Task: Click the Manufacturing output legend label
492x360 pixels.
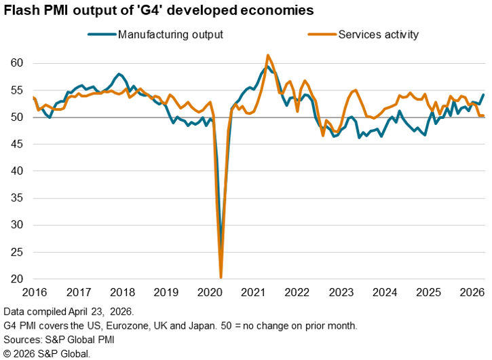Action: pos(170,34)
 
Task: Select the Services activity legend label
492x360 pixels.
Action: pos(378,34)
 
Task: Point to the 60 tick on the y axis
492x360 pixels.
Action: pos(17,63)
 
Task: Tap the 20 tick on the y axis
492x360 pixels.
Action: pos(17,279)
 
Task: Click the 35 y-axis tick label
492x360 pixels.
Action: pos(17,198)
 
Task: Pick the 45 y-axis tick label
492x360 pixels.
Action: pos(17,144)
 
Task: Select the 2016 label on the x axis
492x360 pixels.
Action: pos(35,293)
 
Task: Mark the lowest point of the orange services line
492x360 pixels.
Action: pos(221,277)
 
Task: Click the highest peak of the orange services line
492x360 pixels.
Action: pos(268,55)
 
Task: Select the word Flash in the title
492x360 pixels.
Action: pos(21,11)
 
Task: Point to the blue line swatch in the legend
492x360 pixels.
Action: pos(101,34)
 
